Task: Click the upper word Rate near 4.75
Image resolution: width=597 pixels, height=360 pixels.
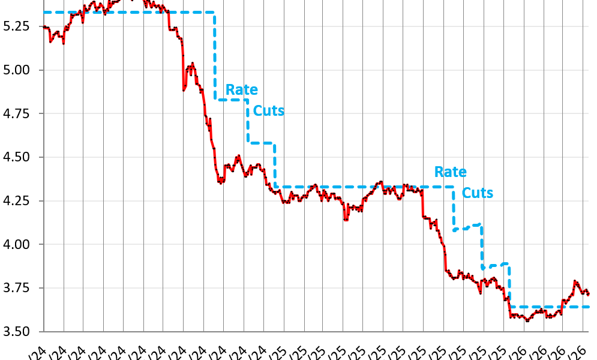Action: [x=241, y=90]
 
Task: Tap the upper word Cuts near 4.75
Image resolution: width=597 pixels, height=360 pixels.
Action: [x=268, y=110]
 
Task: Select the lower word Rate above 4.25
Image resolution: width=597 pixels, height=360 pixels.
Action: [x=450, y=172]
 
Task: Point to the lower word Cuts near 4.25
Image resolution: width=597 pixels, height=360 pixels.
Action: [x=478, y=193]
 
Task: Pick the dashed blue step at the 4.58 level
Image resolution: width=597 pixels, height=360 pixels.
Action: [x=262, y=143]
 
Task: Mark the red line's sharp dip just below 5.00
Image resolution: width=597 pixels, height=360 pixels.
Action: [x=184, y=90]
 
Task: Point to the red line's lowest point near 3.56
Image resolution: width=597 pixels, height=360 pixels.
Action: [x=527, y=321]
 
